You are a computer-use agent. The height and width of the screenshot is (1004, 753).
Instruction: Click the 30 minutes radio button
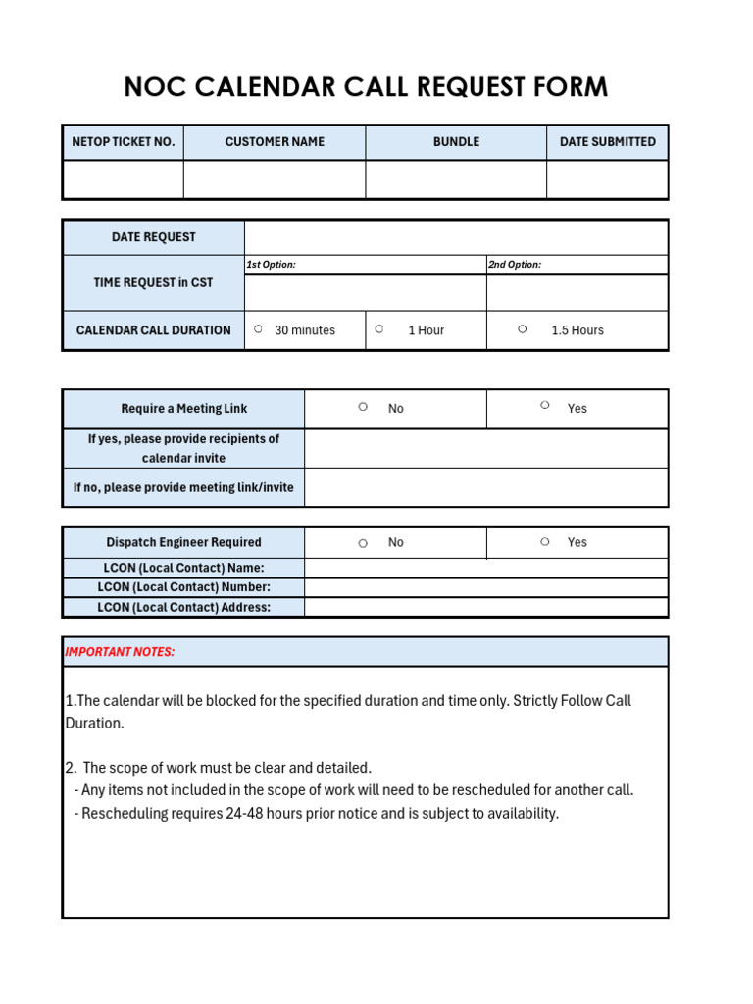tap(258, 329)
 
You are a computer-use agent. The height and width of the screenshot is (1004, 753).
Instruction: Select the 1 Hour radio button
tap(378, 329)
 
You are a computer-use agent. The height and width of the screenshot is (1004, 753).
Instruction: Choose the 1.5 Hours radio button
tap(523, 329)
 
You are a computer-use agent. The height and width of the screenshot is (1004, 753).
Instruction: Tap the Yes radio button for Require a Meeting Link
tap(544, 405)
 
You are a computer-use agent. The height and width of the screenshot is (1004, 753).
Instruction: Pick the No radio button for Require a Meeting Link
tap(363, 406)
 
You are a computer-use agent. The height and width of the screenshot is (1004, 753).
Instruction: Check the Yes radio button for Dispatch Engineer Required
tap(544, 541)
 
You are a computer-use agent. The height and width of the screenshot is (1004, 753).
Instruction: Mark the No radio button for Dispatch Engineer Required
tap(363, 543)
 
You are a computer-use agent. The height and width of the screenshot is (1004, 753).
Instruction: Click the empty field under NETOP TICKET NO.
tap(123, 179)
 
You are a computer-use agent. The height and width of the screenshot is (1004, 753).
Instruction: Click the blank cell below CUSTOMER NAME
tap(275, 179)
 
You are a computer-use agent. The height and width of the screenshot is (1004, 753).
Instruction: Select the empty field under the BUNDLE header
tap(456, 179)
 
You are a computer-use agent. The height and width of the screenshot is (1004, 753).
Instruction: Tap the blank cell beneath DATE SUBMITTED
tap(607, 179)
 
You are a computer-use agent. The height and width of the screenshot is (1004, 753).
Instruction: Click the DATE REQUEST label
tap(154, 237)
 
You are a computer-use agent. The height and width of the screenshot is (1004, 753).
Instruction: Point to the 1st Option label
tap(271, 265)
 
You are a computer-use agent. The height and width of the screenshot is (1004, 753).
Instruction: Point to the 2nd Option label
tap(515, 265)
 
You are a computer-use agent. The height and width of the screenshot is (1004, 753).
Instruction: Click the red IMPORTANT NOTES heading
tap(120, 652)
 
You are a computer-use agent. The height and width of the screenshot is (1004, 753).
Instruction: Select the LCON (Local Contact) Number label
tap(183, 587)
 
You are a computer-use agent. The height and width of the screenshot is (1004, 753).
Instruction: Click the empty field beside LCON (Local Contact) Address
tap(485, 607)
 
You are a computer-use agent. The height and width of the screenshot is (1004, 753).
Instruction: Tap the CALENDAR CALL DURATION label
tap(154, 330)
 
